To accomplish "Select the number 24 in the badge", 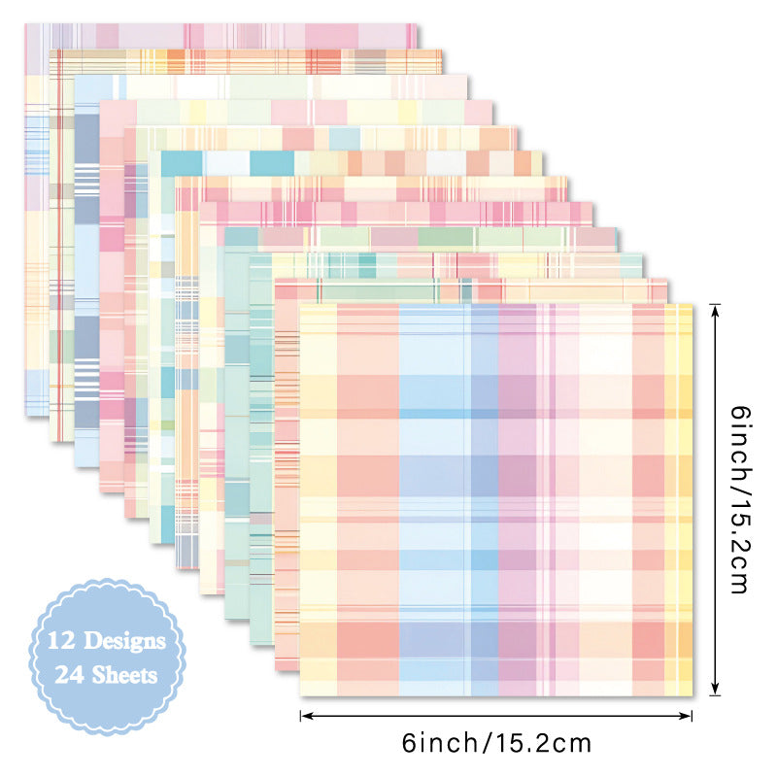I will pos(71,674).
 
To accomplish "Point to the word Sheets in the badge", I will pos(126,674).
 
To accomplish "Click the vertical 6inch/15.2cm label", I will pos(740,500).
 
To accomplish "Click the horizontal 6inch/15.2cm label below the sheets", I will pos(496,744).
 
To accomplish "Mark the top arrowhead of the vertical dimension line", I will pos(716,307).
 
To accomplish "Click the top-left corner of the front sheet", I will pos(300,303).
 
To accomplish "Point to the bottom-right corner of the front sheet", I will pos(693,695).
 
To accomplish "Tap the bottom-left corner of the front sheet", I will pos(300,695).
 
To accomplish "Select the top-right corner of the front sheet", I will pos(693,303).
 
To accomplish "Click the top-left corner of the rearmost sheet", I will pos(26,24).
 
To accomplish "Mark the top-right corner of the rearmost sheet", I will pos(418,24).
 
